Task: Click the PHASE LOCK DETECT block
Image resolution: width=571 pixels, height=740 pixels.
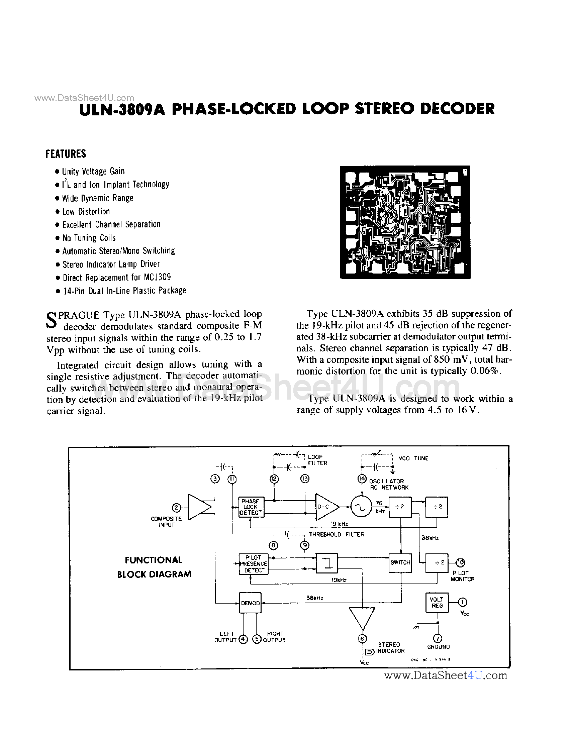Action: pyautogui.click(x=251, y=507)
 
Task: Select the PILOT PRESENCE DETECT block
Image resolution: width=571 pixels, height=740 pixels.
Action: pyautogui.click(x=254, y=563)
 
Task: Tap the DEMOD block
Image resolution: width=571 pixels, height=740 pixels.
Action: pyautogui.click(x=250, y=603)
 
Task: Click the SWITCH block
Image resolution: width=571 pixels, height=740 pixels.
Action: pyautogui.click(x=400, y=562)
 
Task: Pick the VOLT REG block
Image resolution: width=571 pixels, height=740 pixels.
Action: pyautogui.click(x=437, y=603)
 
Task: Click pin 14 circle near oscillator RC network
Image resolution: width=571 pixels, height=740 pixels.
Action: pyautogui.click(x=362, y=479)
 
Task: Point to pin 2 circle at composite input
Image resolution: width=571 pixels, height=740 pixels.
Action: pyautogui.click(x=176, y=508)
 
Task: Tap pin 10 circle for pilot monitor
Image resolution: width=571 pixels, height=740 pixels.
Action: pyautogui.click(x=460, y=562)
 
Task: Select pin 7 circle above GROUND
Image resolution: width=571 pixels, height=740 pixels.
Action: pyautogui.click(x=438, y=639)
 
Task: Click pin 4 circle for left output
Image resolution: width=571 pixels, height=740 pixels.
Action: pyautogui.click(x=243, y=639)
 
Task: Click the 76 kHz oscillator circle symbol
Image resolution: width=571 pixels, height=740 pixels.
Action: pyautogui.click(x=361, y=507)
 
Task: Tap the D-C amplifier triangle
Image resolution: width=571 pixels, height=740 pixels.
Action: pyautogui.click(x=326, y=507)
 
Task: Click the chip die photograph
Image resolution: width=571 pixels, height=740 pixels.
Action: pyautogui.click(x=405, y=222)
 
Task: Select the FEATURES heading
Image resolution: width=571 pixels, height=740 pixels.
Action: pyautogui.click(x=66, y=154)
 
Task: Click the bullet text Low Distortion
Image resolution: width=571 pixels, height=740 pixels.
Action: pyautogui.click(x=86, y=211)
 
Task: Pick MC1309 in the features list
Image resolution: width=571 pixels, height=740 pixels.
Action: pyautogui.click(x=157, y=277)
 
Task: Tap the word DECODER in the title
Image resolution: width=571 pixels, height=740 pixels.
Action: pyautogui.click(x=458, y=109)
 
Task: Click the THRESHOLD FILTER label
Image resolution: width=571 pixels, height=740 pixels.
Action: pyautogui.click(x=336, y=534)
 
